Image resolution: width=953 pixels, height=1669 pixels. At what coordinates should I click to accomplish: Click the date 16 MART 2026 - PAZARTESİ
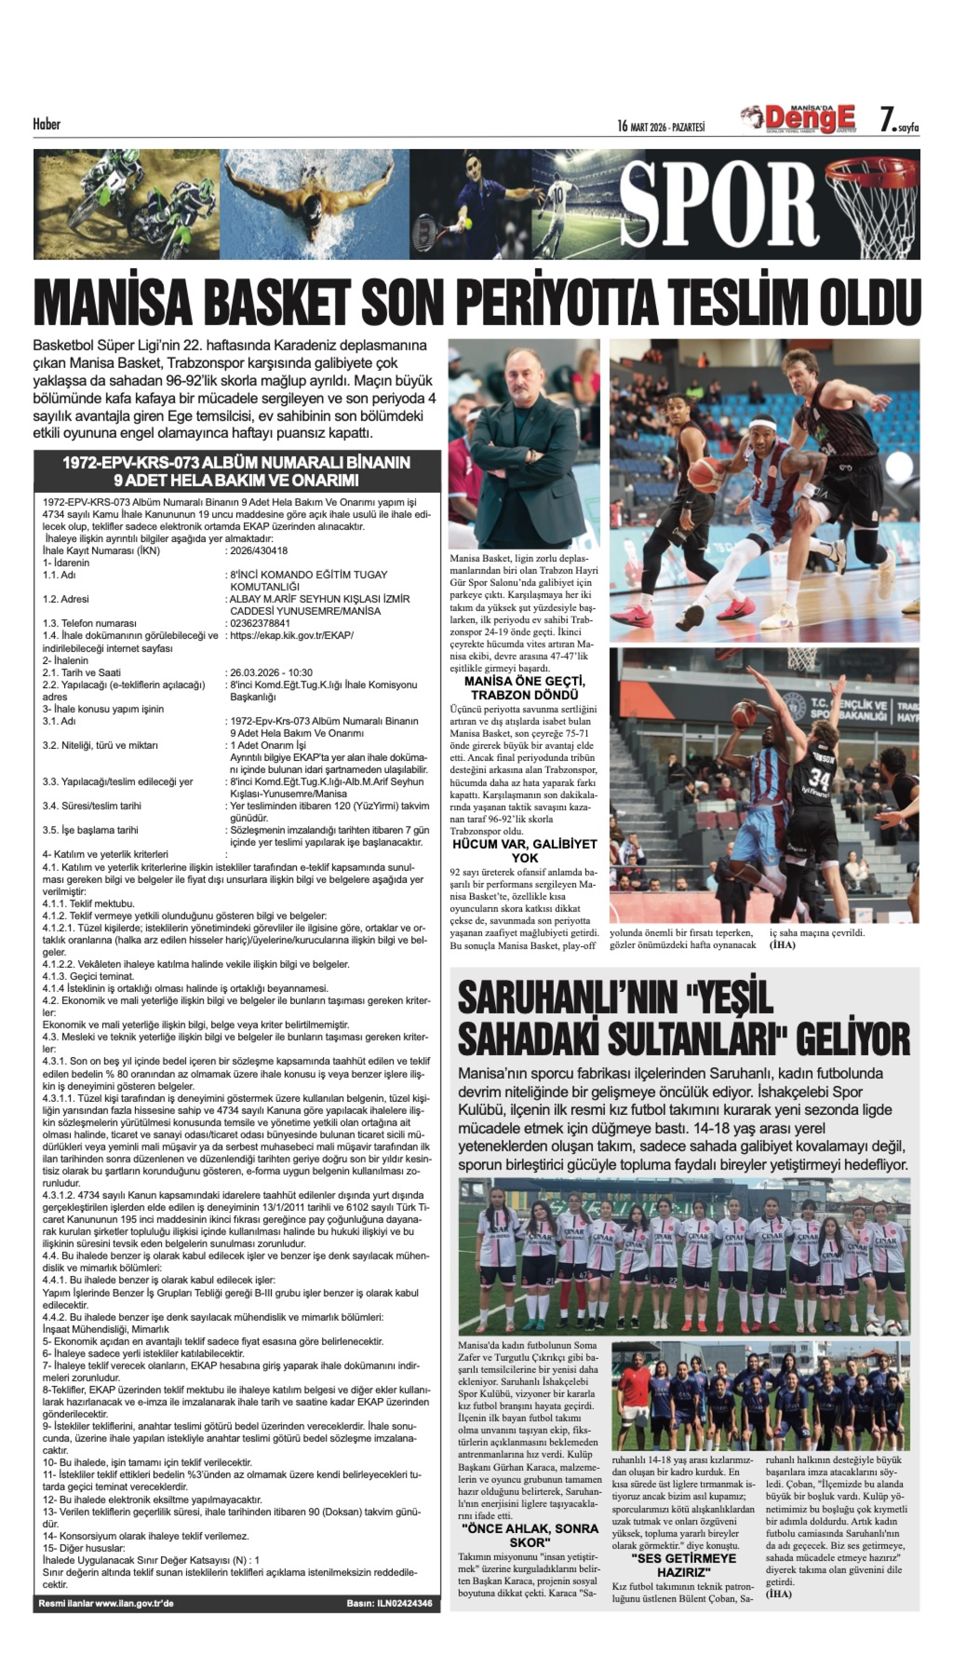661,126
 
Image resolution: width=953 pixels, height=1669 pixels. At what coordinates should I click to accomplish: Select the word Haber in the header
47,124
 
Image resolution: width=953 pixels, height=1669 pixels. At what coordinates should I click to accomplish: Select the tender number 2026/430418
258,551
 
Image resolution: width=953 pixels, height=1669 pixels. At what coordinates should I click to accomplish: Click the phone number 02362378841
260,623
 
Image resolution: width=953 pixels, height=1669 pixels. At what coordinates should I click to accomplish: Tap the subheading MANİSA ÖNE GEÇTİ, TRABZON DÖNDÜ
524,688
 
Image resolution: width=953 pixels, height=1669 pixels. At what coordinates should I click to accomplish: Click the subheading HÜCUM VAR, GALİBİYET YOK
524,851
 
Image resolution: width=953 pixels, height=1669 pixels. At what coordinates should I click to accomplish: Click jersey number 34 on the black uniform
819,780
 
